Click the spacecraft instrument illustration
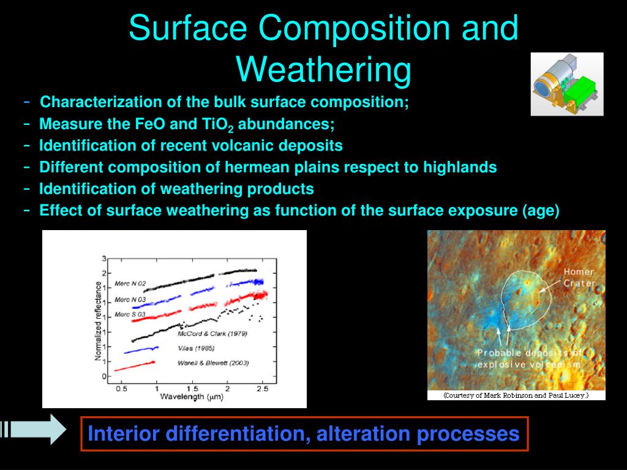[567, 84]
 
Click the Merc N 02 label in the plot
[130, 284]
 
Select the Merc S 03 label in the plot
[130, 315]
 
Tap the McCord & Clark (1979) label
[212, 334]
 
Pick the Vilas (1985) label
[196, 348]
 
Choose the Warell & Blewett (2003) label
[213, 363]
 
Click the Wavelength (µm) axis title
[192, 397]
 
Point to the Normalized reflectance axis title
[97, 321]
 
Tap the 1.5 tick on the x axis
[192, 389]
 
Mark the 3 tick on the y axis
[104, 259]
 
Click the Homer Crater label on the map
[579, 277]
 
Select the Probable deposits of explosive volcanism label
[529, 359]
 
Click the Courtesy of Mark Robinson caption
[516, 395]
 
